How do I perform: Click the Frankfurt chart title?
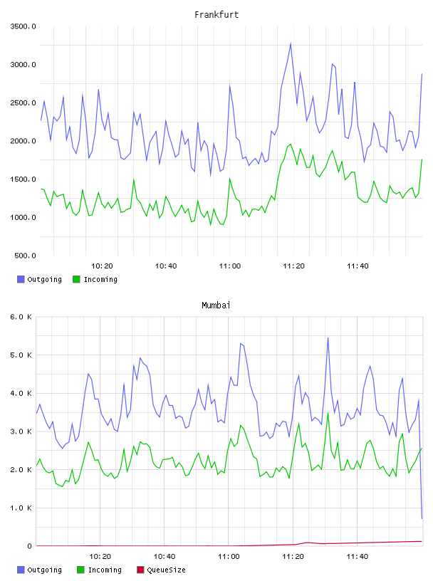216,15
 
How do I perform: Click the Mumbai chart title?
216,305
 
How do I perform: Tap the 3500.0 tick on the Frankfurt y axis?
24,26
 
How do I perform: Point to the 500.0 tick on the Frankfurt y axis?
26,256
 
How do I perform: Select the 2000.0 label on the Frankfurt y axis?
24,141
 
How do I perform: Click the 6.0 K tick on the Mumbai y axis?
21,317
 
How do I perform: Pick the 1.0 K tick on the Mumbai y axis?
21,508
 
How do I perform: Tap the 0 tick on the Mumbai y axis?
30,546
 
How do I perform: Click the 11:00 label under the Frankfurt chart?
230,266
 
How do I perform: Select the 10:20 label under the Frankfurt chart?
102,266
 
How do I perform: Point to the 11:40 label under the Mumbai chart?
358,557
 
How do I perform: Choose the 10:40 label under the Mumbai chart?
165,557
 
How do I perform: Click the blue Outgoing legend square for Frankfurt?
21,279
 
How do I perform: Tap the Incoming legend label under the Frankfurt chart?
100,280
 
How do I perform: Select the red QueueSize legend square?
140,570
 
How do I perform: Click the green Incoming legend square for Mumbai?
80,570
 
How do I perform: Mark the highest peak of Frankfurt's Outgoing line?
291,43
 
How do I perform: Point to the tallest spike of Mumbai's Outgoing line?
328,337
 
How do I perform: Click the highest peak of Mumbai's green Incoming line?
328,412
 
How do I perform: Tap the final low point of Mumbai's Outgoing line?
422,518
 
